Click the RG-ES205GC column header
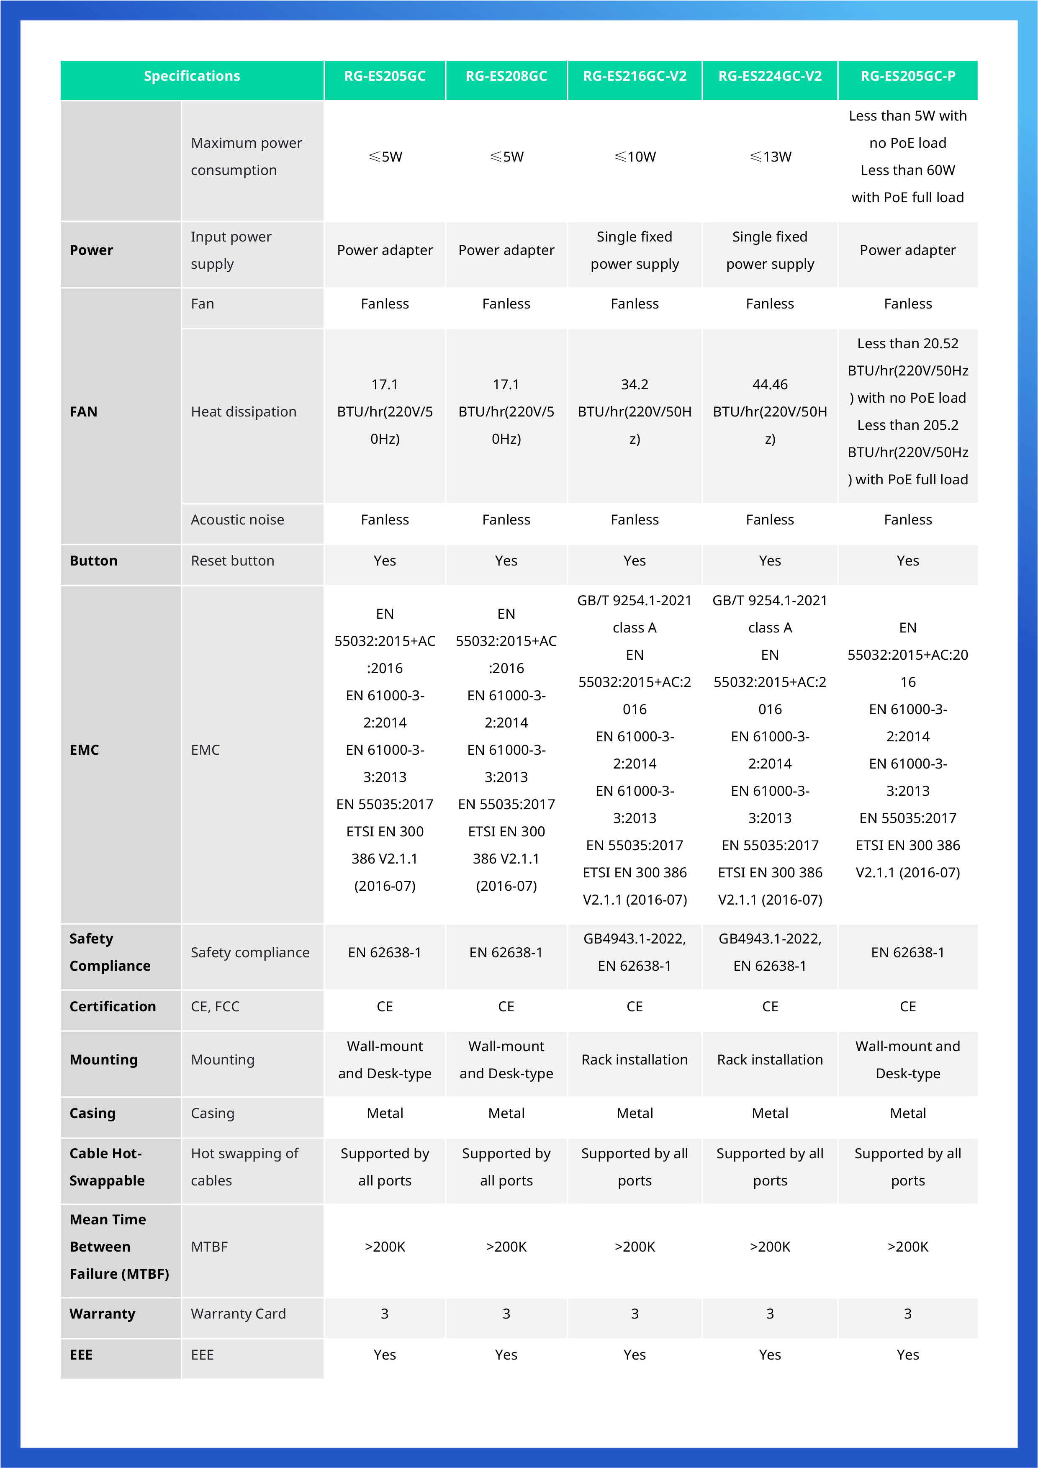pyautogui.click(x=385, y=76)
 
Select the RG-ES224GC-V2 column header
pyautogui.click(x=770, y=76)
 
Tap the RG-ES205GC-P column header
pyautogui.click(x=907, y=76)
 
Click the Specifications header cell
pyautogui.click(x=192, y=76)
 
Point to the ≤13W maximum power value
pyautogui.click(x=770, y=157)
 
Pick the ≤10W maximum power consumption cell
pyautogui.click(x=635, y=157)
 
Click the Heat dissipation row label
pyautogui.click(x=244, y=412)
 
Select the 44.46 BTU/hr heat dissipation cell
pyautogui.click(x=770, y=412)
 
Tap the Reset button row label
pyautogui.click(x=233, y=561)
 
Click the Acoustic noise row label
pyautogui.click(x=237, y=520)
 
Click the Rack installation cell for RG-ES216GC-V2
pyautogui.click(x=635, y=1059)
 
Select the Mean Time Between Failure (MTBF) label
pyautogui.click(x=119, y=1247)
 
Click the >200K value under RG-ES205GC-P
pyautogui.click(x=907, y=1247)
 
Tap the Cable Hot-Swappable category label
pyautogui.click(x=107, y=1167)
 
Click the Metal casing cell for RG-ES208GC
pyautogui.click(x=506, y=1113)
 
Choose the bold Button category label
pyautogui.click(x=93, y=561)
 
